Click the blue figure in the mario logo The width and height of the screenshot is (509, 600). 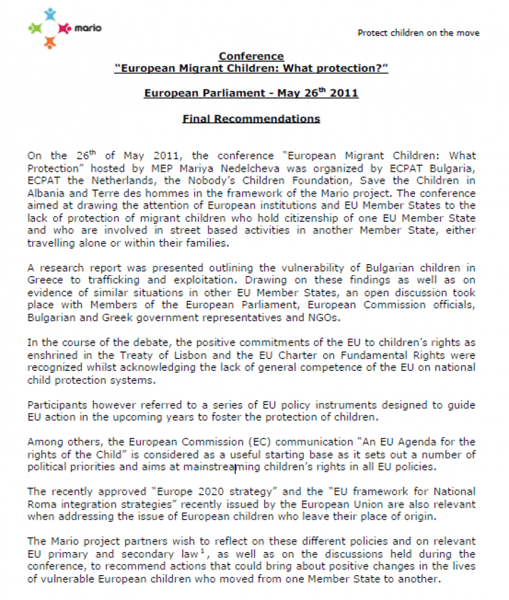tap(50, 14)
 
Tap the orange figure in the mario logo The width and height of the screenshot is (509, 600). tap(50, 41)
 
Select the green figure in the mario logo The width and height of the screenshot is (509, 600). tap(36, 27)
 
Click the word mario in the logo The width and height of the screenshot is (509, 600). tap(88, 27)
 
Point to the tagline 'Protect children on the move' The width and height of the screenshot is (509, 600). tap(418, 33)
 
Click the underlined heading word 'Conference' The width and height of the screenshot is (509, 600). tap(251, 56)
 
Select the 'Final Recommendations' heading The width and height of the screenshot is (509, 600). tap(251, 119)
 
